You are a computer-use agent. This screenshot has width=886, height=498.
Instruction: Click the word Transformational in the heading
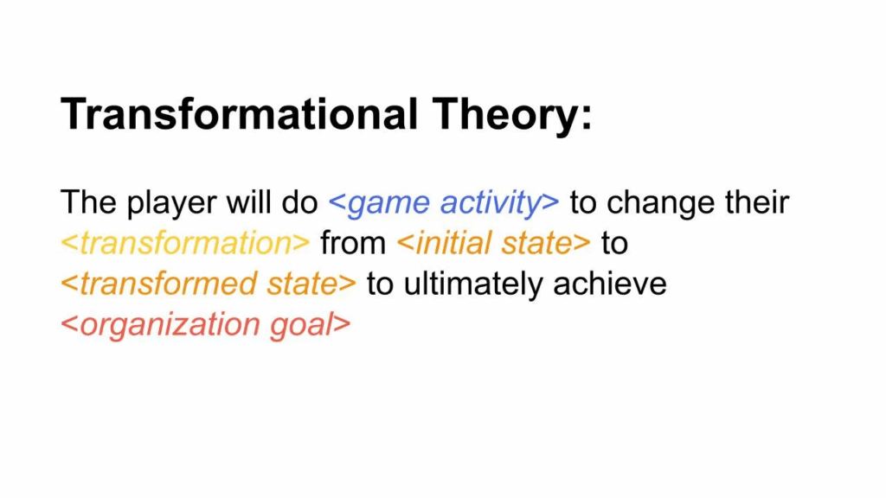pyautogui.click(x=240, y=114)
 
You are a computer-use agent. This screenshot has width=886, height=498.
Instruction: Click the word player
pyautogui.click(x=171, y=204)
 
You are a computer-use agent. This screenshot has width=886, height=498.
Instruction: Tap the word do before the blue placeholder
pyautogui.click(x=300, y=201)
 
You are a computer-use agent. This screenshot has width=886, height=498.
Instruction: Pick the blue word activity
pyautogui.click(x=491, y=204)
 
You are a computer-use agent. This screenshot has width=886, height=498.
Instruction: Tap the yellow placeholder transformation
pyautogui.click(x=185, y=243)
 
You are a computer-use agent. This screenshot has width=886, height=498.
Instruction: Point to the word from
pyautogui.click(x=353, y=243)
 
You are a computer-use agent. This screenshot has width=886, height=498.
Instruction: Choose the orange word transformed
pyautogui.click(x=169, y=284)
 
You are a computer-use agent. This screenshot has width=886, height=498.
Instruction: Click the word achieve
pyautogui.click(x=610, y=284)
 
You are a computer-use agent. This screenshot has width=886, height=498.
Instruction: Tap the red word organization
pyautogui.click(x=170, y=326)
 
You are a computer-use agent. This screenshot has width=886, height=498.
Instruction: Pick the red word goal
pyautogui.click(x=300, y=326)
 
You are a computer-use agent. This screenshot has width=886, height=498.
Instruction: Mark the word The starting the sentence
pyautogui.click(x=88, y=201)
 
